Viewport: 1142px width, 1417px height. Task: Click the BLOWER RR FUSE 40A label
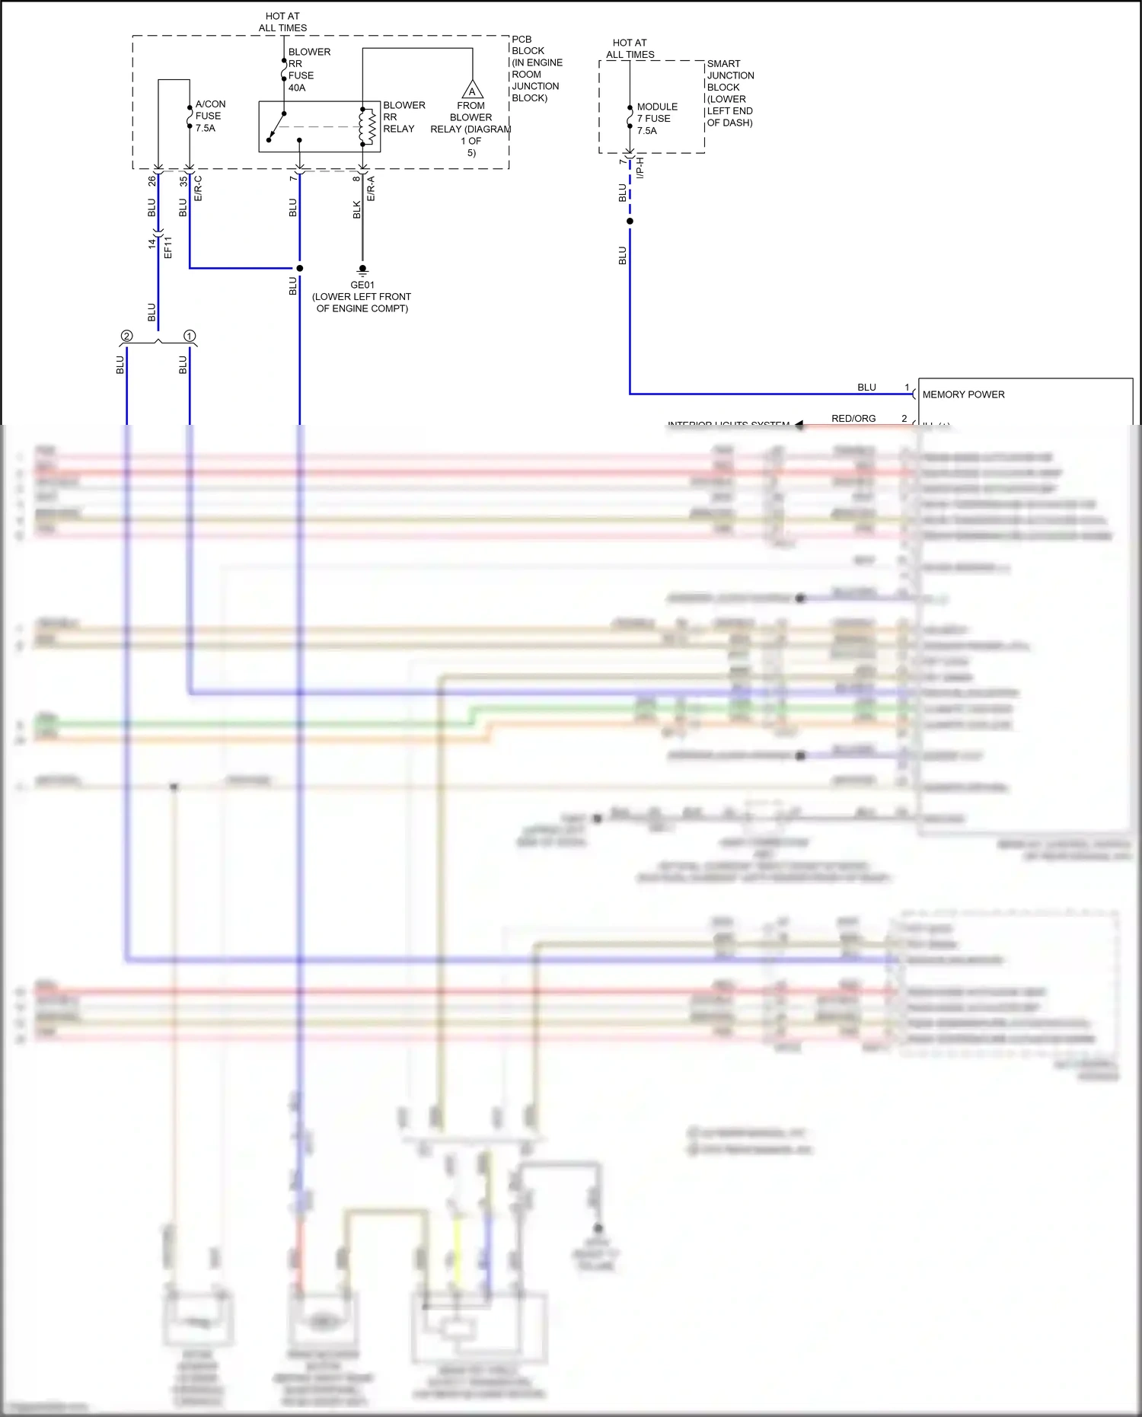[308, 70]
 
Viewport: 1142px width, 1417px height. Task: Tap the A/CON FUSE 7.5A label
[209, 116]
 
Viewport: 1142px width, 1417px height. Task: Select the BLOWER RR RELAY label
[404, 117]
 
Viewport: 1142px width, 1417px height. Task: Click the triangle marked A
[472, 91]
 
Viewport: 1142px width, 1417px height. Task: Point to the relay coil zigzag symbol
[370, 126]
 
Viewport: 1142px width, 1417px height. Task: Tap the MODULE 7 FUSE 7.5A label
[656, 119]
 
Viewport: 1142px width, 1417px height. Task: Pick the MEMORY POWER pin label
[963, 394]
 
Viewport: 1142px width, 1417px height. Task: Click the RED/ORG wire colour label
[853, 418]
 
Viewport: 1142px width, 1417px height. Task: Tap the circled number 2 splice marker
[126, 336]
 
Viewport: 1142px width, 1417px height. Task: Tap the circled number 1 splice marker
[190, 336]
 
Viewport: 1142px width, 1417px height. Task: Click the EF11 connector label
[168, 247]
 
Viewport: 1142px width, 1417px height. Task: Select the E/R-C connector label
[199, 189]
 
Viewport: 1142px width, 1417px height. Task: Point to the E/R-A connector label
[371, 189]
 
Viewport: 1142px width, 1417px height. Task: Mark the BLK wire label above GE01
[356, 210]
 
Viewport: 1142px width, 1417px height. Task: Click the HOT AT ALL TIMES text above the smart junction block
[630, 49]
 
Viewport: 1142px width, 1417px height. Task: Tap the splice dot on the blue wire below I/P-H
[630, 222]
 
